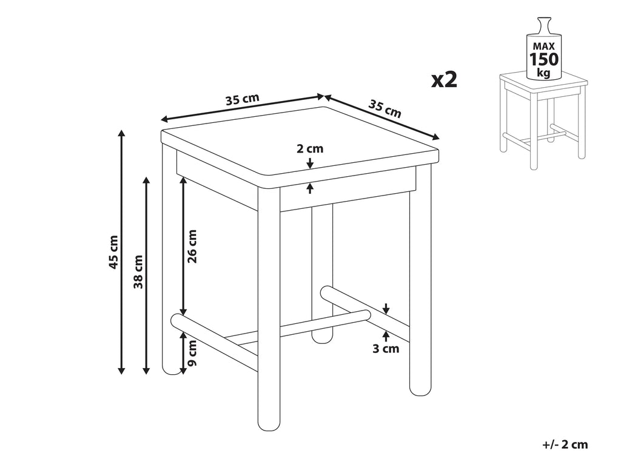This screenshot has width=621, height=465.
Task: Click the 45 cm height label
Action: [x=113, y=252]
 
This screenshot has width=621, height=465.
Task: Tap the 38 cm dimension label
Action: [x=138, y=272]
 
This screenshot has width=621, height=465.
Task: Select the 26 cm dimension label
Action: [x=192, y=246]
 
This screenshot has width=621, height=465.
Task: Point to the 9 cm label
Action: [x=192, y=353]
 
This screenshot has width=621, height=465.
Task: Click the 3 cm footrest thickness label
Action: [x=386, y=349]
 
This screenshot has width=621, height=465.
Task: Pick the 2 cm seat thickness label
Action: [x=310, y=149]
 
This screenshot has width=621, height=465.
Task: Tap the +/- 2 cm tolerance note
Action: [x=565, y=444]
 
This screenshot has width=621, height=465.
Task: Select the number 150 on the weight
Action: [x=544, y=59]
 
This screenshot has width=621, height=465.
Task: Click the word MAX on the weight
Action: [x=544, y=46]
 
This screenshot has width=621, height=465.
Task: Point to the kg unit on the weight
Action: [x=544, y=73]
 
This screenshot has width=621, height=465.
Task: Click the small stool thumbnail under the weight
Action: [x=543, y=120]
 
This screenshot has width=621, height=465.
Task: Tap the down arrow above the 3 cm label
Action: [x=386, y=309]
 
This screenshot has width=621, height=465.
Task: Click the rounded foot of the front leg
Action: [x=269, y=426]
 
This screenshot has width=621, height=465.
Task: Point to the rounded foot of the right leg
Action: [x=420, y=390]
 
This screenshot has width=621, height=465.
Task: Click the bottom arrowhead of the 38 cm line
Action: [x=147, y=371]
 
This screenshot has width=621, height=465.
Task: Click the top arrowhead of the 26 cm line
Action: [x=183, y=180]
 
